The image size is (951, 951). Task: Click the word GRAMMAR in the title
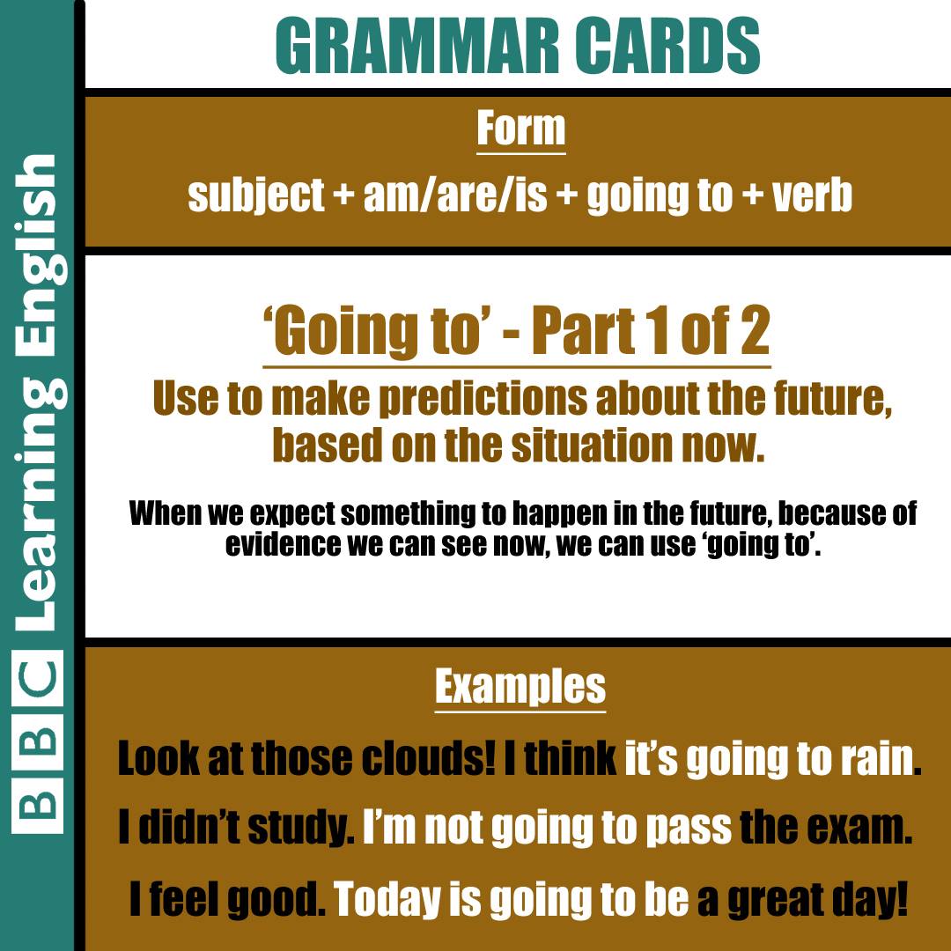click(417, 46)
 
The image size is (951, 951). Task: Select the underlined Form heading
click(521, 129)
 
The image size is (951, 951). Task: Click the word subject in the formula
click(256, 195)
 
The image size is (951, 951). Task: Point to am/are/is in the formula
click(455, 195)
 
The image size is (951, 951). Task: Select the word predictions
click(483, 399)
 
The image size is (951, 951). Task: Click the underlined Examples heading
click(520, 687)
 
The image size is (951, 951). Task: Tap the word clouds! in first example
click(428, 758)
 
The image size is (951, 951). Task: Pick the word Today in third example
click(387, 900)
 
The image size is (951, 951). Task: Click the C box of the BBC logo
click(37, 677)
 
